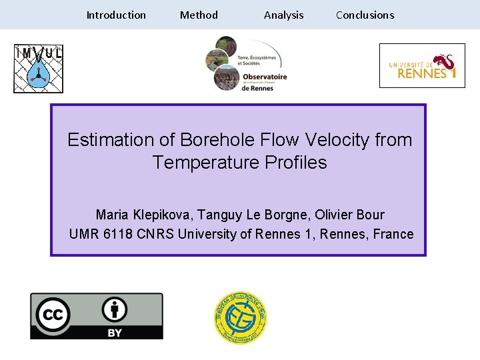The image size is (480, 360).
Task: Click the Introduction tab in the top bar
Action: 116,15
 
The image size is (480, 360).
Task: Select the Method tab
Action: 199,15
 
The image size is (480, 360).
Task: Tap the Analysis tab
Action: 283,15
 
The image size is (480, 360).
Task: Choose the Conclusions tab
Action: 365,15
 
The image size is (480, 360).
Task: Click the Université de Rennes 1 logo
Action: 422,66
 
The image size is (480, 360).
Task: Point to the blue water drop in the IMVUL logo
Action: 38,75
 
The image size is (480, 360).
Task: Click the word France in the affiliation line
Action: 393,234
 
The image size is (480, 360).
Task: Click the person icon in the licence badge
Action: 115,309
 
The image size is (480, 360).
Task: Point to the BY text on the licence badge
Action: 115,331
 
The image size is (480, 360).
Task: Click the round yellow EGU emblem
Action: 240,318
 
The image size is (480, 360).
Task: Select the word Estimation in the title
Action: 110,140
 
